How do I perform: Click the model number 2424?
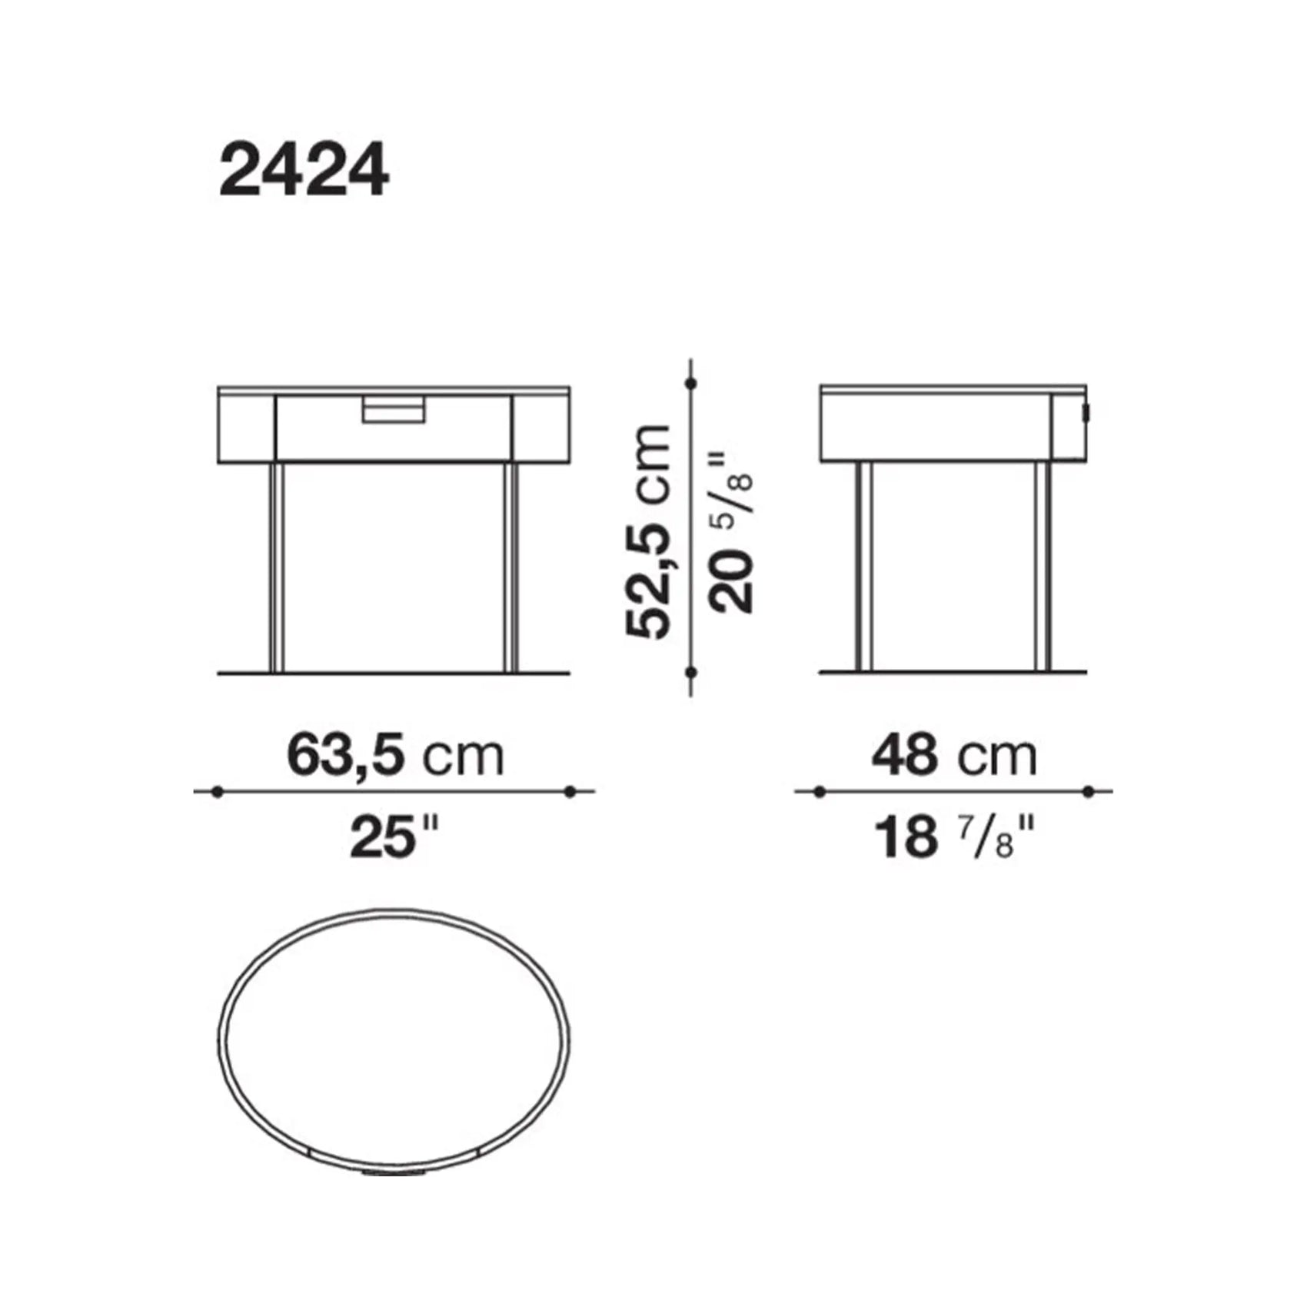tap(304, 172)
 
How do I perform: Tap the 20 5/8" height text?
tap(730, 532)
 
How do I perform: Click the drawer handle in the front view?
tap(394, 409)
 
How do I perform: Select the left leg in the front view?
tap(278, 567)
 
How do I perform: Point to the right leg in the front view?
tap(511, 567)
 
